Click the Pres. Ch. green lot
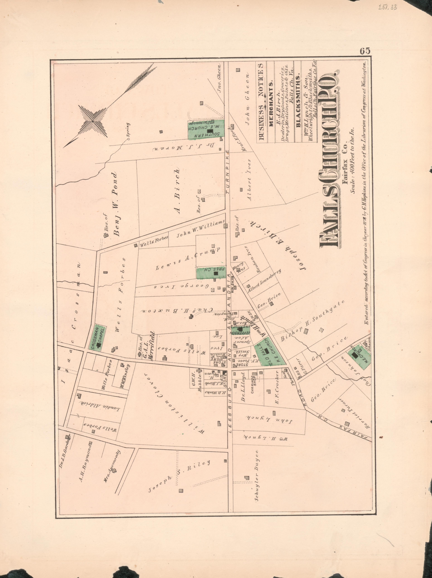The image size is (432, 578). point(211,273)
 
